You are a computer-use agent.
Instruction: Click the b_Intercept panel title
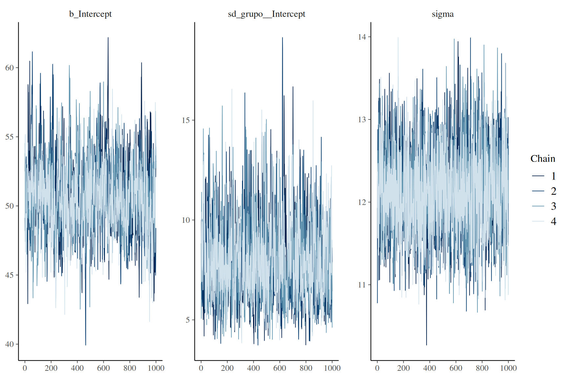(x=90, y=14)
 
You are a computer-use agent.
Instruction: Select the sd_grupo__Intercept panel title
(x=266, y=14)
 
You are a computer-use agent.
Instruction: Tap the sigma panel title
(x=443, y=14)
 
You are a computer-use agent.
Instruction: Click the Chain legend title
(x=543, y=158)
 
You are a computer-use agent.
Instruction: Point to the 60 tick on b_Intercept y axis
(x=10, y=68)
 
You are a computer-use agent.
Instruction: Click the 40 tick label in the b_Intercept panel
(x=10, y=344)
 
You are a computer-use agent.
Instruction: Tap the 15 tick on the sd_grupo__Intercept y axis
(x=186, y=120)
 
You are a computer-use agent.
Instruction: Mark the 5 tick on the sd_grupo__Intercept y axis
(x=188, y=320)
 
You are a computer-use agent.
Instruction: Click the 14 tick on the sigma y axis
(x=362, y=37)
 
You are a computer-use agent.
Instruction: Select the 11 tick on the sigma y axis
(x=362, y=285)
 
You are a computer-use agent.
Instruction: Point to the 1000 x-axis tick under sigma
(x=508, y=368)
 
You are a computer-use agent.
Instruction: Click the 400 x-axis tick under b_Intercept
(x=77, y=368)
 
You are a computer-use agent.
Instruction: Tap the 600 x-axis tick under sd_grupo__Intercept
(x=280, y=368)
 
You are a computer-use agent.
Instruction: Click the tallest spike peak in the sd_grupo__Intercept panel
(x=282, y=38)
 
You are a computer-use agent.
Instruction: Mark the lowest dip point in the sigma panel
(x=427, y=345)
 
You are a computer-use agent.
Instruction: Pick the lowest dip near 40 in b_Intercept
(x=86, y=345)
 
